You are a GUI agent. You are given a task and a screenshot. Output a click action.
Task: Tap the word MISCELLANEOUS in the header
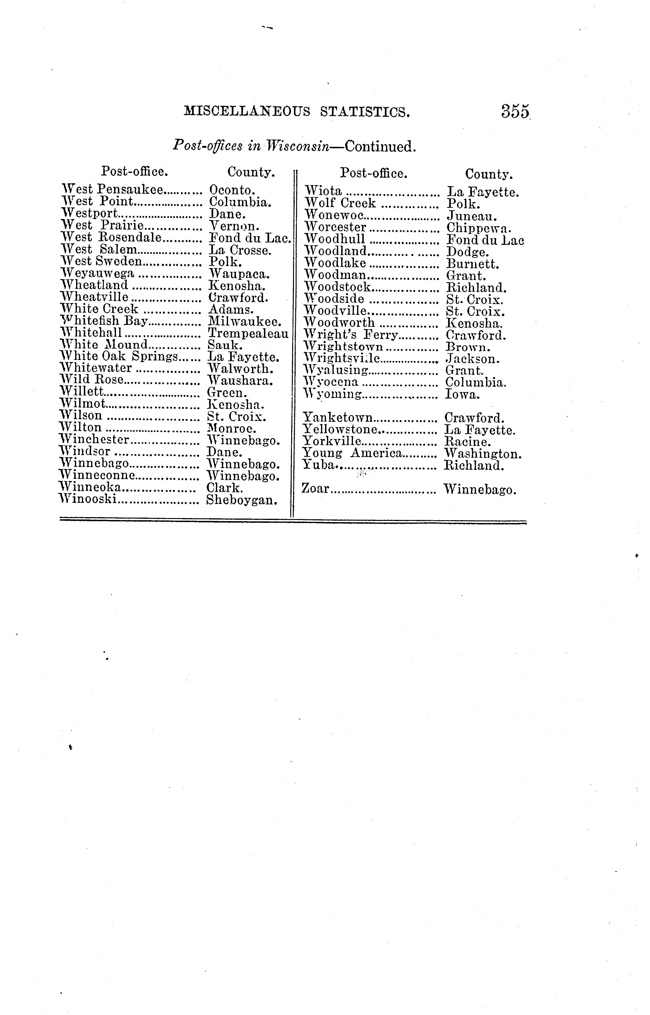coord(247,112)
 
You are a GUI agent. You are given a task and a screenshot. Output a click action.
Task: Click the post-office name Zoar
coord(315,488)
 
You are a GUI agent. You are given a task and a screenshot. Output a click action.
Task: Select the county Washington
coord(483,454)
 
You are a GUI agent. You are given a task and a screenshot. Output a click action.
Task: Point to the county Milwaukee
coord(245,322)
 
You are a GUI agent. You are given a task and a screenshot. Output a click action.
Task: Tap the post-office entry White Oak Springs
coord(120,357)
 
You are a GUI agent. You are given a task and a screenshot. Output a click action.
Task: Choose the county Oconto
coord(232,190)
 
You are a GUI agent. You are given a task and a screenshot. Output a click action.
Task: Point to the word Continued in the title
coord(381,147)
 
